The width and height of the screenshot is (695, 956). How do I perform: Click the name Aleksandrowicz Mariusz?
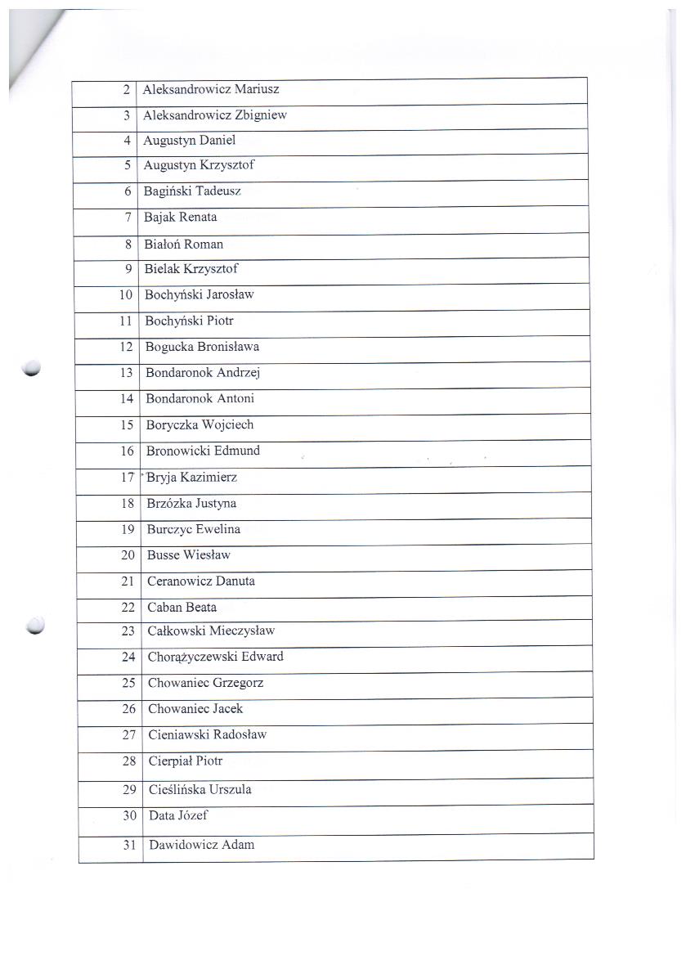pyautogui.click(x=211, y=89)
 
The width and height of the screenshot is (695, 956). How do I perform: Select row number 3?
pyautogui.click(x=127, y=116)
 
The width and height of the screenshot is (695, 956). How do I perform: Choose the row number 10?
pyautogui.click(x=126, y=295)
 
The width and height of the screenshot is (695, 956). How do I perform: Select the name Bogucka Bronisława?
pyautogui.click(x=202, y=347)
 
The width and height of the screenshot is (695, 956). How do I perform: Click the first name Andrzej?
pyautogui.click(x=238, y=373)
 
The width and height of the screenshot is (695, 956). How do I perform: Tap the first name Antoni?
pyautogui.click(x=235, y=399)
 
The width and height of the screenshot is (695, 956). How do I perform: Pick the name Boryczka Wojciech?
pyautogui.click(x=200, y=425)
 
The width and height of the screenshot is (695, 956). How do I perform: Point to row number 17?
pyautogui.click(x=127, y=478)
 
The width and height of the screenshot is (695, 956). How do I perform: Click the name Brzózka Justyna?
pyautogui.click(x=191, y=504)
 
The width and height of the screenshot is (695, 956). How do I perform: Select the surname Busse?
pyautogui.click(x=164, y=555)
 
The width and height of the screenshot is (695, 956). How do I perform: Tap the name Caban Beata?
pyautogui.click(x=182, y=608)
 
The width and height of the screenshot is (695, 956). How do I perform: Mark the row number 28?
pyautogui.click(x=128, y=761)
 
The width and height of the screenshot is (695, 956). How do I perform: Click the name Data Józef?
pyautogui.click(x=179, y=815)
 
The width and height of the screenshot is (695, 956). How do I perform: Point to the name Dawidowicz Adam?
pyautogui.click(x=201, y=845)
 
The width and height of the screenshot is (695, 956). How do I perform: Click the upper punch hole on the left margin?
pyautogui.click(x=33, y=369)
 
